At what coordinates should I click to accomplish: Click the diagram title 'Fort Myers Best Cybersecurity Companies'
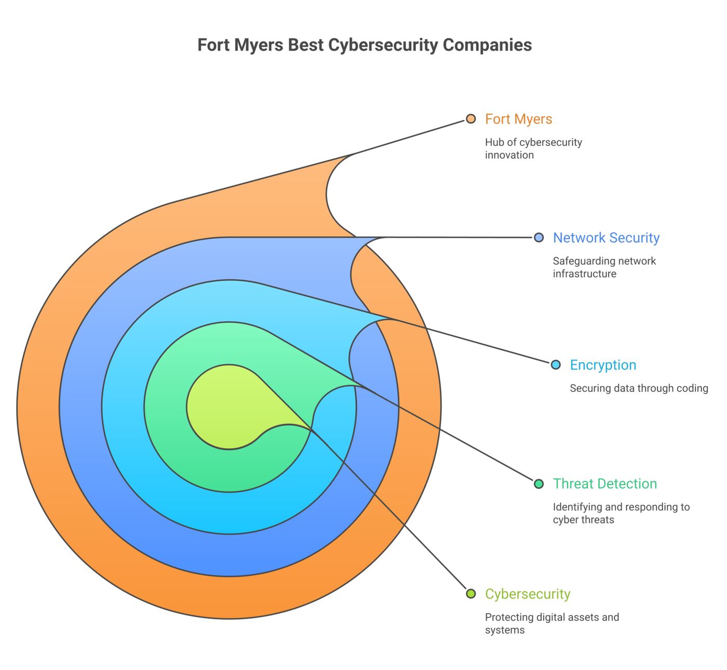(x=365, y=45)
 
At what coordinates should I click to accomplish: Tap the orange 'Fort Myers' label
(x=518, y=119)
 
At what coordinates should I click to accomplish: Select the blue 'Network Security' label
(x=606, y=238)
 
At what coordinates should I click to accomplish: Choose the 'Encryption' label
(x=603, y=365)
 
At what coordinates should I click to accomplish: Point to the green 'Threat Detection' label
(x=605, y=484)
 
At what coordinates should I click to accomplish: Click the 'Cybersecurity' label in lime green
(x=528, y=594)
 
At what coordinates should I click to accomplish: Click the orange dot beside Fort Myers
(x=471, y=119)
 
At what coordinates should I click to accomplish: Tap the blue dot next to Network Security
(x=539, y=238)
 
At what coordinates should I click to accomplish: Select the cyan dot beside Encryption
(x=556, y=365)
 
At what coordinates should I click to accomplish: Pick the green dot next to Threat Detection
(x=539, y=484)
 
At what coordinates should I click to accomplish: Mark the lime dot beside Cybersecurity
(x=471, y=594)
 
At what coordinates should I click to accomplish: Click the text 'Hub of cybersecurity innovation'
(x=533, y=148)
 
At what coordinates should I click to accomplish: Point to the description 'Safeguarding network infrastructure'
(x=604, y=267)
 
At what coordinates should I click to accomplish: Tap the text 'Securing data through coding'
(x=639, y=388)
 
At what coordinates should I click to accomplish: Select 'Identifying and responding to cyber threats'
(x=621, y=513)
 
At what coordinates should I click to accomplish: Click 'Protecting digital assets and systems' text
(x=552, y=623)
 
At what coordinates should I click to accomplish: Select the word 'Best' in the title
(x=306, y=45)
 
